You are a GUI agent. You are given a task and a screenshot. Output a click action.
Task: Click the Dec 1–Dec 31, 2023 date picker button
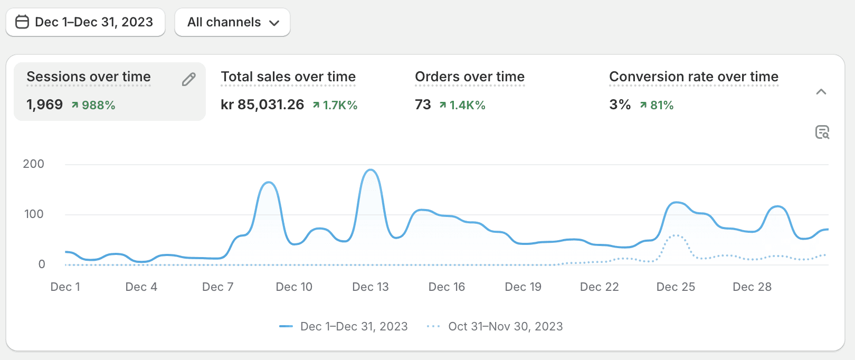[85, 22]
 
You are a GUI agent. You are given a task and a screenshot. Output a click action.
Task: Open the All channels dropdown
[232, 22]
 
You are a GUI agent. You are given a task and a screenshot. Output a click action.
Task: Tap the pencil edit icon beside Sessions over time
[188, 79]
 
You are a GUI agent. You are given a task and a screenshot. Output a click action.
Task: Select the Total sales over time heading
[288, 77]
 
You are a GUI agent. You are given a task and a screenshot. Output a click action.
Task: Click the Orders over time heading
[470, 77]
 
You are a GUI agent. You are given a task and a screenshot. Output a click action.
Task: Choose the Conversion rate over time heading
[693, 77]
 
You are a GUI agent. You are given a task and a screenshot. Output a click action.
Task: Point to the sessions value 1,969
[45, 105]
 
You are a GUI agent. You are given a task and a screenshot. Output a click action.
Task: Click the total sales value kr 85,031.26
[262, 105]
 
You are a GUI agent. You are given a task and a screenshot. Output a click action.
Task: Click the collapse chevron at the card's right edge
[821, 92]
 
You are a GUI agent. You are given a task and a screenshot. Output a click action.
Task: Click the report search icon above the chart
[822, 132]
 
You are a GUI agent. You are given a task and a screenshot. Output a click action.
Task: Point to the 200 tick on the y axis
[34, 164]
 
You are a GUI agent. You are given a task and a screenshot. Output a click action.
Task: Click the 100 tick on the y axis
[34, 214]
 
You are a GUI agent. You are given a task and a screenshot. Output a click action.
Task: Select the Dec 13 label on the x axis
[370, 287]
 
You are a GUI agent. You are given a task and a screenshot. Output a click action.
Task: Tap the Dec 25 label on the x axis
[676, 287]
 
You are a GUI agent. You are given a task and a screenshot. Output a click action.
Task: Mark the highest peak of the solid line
[370, 170]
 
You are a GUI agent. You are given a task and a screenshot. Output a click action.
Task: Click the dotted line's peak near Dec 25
[676, 235]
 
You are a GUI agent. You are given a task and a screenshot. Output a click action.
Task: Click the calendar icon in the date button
[22, 22]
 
